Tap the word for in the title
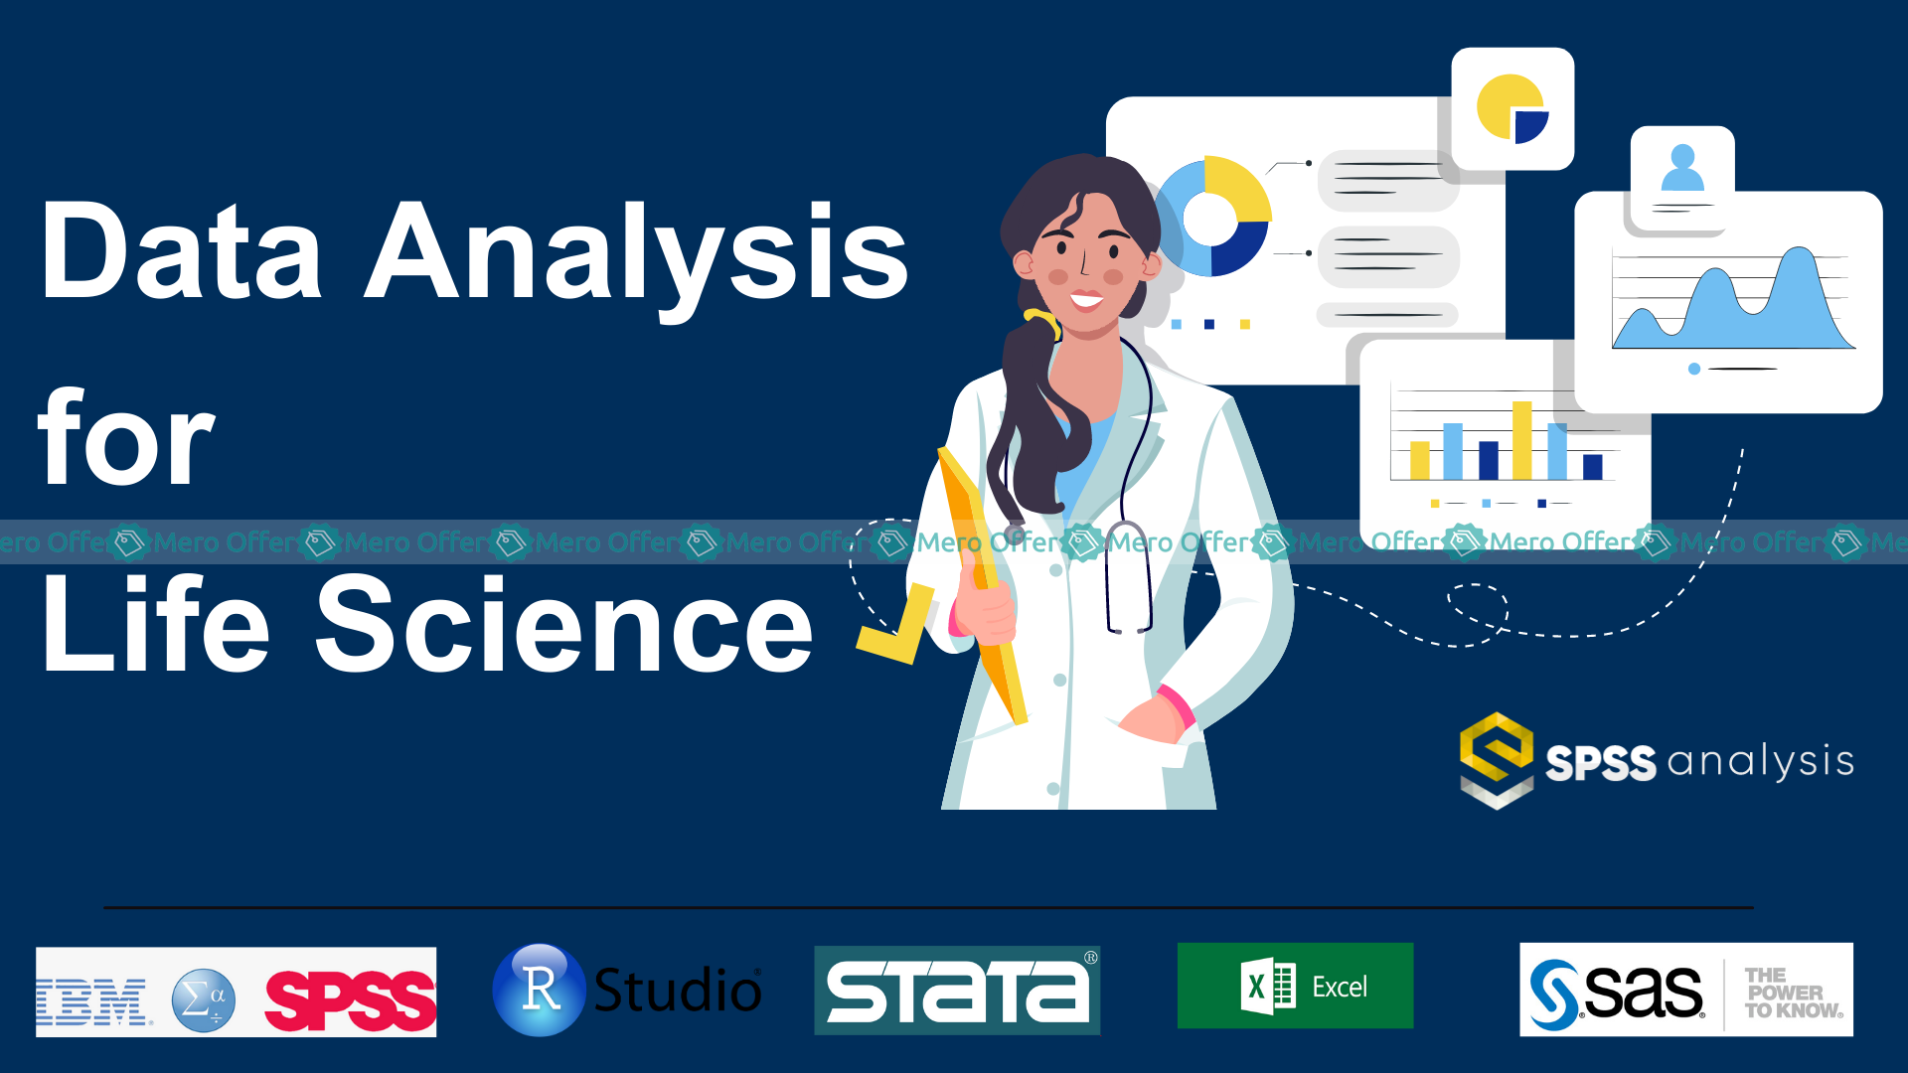(x=126, y=436)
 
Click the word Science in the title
(x=564, y=624)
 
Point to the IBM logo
(x=92, y=1000)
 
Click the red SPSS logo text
(x=350, y=1000)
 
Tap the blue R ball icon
(x=540, y=990)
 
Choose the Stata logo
(x=957, y=991)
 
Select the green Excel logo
(x=1295, y=986)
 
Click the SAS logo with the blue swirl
(x=1617, y=992)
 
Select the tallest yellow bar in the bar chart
(x=1521, y=440)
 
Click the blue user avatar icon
(x=1682, y=168)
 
